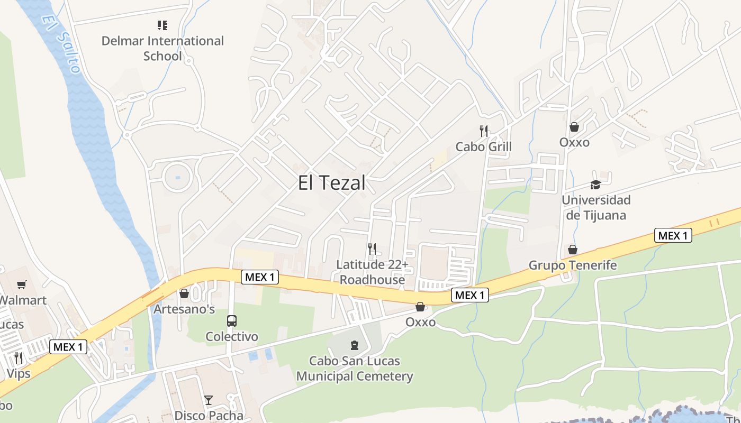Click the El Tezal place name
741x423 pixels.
331,183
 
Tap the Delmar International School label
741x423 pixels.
162,48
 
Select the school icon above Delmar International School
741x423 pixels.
162,25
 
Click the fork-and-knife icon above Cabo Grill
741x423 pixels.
483,131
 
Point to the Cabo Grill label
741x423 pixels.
483,146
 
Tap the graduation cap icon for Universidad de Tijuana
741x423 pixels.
595,185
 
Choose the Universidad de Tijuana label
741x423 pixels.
596,207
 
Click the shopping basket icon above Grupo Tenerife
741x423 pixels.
572,250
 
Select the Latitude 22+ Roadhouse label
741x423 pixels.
372,272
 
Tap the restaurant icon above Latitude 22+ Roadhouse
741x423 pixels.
372,249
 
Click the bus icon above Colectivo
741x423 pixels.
232,320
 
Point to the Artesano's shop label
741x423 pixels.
184,309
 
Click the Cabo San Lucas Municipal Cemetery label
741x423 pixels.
355,369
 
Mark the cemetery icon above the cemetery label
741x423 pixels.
355,346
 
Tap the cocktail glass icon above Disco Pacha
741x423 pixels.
209,400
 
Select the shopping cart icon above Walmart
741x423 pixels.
22,285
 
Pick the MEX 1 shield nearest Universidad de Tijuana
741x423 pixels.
673,235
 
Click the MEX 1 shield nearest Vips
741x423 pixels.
68,347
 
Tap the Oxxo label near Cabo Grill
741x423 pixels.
574,142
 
